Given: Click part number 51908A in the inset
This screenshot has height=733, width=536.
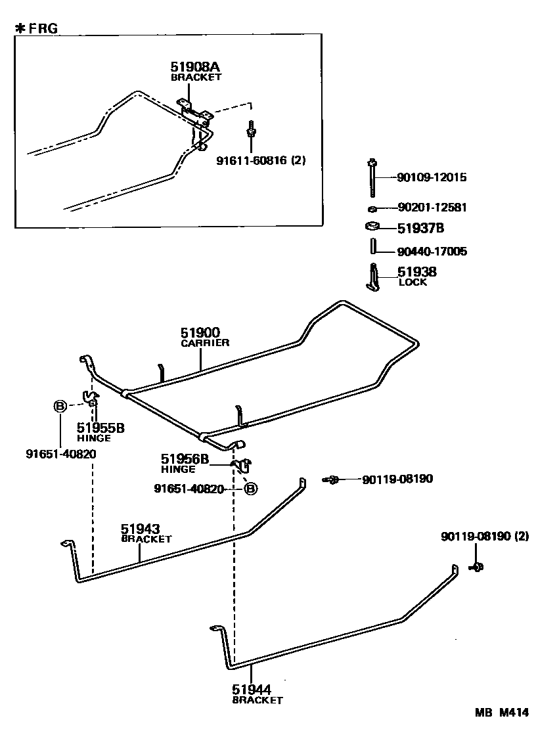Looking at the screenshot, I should (x=194, y=66).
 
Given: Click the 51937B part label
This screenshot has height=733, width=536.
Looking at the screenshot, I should (x=421, y=229).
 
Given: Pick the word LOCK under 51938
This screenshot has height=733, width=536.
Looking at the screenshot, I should (x=413, y=282).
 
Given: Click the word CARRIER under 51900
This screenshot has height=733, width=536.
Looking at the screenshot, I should (x=206, y=343).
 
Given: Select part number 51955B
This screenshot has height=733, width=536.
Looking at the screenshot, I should (x=100, y=428).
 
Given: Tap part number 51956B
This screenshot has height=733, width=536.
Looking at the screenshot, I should (x=185, y=459).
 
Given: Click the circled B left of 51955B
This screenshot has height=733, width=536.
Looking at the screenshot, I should (x=60, y=407).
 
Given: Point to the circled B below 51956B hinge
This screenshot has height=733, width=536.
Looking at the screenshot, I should (x=251, y=488).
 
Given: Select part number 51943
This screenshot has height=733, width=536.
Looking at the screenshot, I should (x=140, y=529).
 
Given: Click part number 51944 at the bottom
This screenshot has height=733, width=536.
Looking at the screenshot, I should (x=251, y=689).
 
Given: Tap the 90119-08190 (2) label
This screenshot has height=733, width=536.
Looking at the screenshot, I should (x=485, y=537).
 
